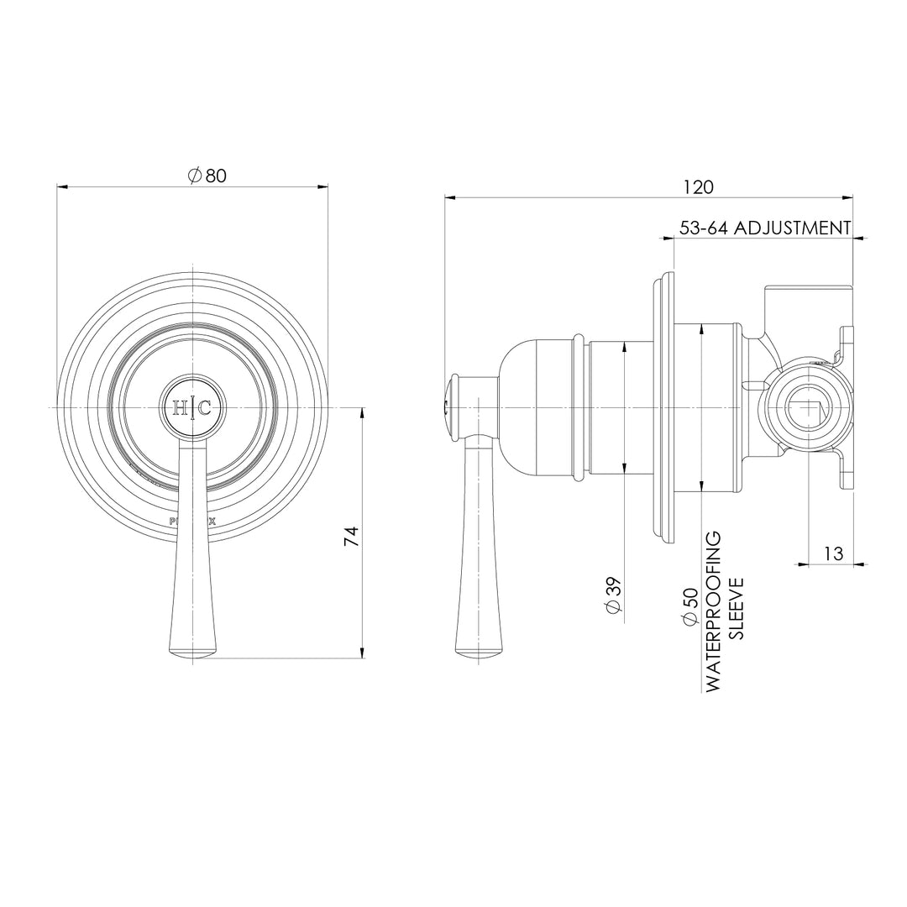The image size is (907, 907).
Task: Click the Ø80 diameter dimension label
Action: (207, 176)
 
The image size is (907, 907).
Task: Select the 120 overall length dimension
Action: (698, 186)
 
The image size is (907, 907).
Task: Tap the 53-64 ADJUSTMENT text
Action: (764, 228)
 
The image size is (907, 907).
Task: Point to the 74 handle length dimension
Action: (352, 537)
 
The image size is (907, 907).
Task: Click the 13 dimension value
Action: (832, 553)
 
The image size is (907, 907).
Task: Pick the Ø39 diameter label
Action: (613, 598)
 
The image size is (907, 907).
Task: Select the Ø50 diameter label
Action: (690, 606)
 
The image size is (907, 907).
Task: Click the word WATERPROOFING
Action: (714, 611)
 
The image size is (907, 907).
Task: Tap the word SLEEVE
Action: (737, 609)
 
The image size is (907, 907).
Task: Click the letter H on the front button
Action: (181, 408)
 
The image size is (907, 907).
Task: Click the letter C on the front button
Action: (205, 408)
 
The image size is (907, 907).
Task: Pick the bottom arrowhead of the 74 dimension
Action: (363, 653)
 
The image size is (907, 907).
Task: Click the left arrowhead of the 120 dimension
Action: (449, 198)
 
